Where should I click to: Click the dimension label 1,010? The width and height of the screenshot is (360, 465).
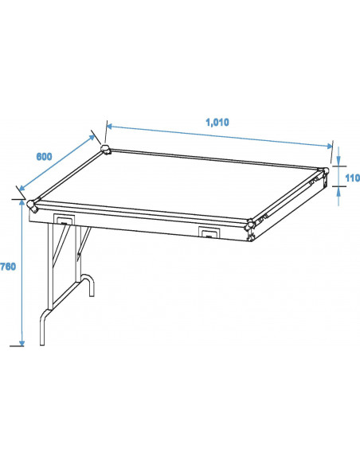[x=217, y=122]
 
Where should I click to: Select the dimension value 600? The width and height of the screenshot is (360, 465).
[x=45, y=156]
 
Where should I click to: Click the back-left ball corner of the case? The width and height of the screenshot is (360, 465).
[x=106, y=150]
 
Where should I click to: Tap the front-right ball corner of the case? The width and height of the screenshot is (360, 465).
[x=251, y=226]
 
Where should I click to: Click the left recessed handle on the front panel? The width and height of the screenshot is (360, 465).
[x=63, y=220]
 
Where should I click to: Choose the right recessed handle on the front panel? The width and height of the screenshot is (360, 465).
[x=209, y=232]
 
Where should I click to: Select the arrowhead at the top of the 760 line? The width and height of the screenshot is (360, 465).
[x=21, y=202]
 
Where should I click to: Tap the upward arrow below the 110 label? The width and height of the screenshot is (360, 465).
[x=338, y=190]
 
